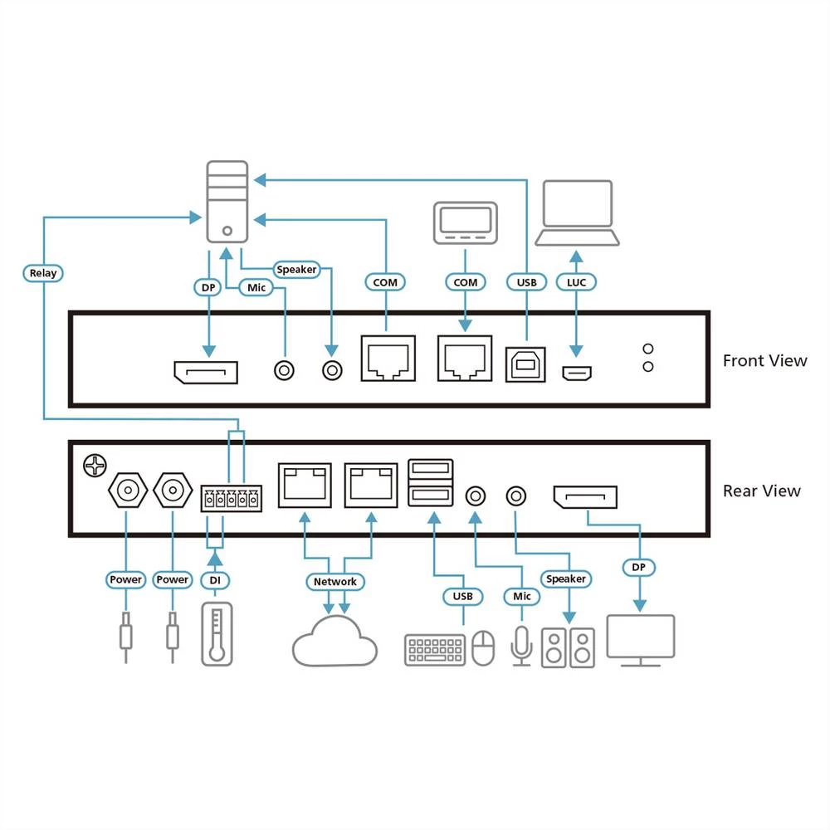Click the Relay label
[42, 273]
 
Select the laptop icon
[577, 213]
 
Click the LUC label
[576, 282]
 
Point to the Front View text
[764, 360]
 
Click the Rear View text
[761, 491]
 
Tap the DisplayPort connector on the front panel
[206, 372]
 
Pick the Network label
[334, 582]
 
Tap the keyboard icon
[435, 649]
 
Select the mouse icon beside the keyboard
[483, 648]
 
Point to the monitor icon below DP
[641, 640]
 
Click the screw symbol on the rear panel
[94, 466]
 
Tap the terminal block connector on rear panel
[231, 499]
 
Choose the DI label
[214, 579]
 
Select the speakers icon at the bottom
[569, 647]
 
